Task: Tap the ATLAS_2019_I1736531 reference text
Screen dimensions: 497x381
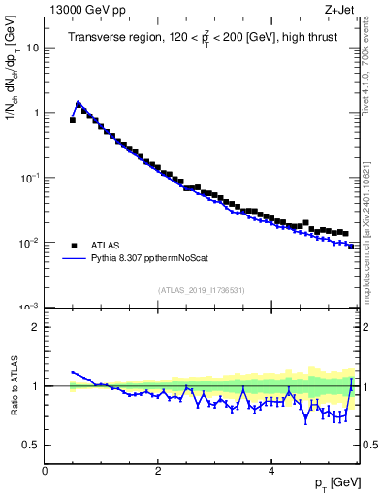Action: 202,289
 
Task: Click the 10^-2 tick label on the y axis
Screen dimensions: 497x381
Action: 30,242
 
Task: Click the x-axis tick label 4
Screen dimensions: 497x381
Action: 270,470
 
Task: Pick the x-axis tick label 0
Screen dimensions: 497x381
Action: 45,470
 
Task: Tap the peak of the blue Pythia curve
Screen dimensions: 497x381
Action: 78,101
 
